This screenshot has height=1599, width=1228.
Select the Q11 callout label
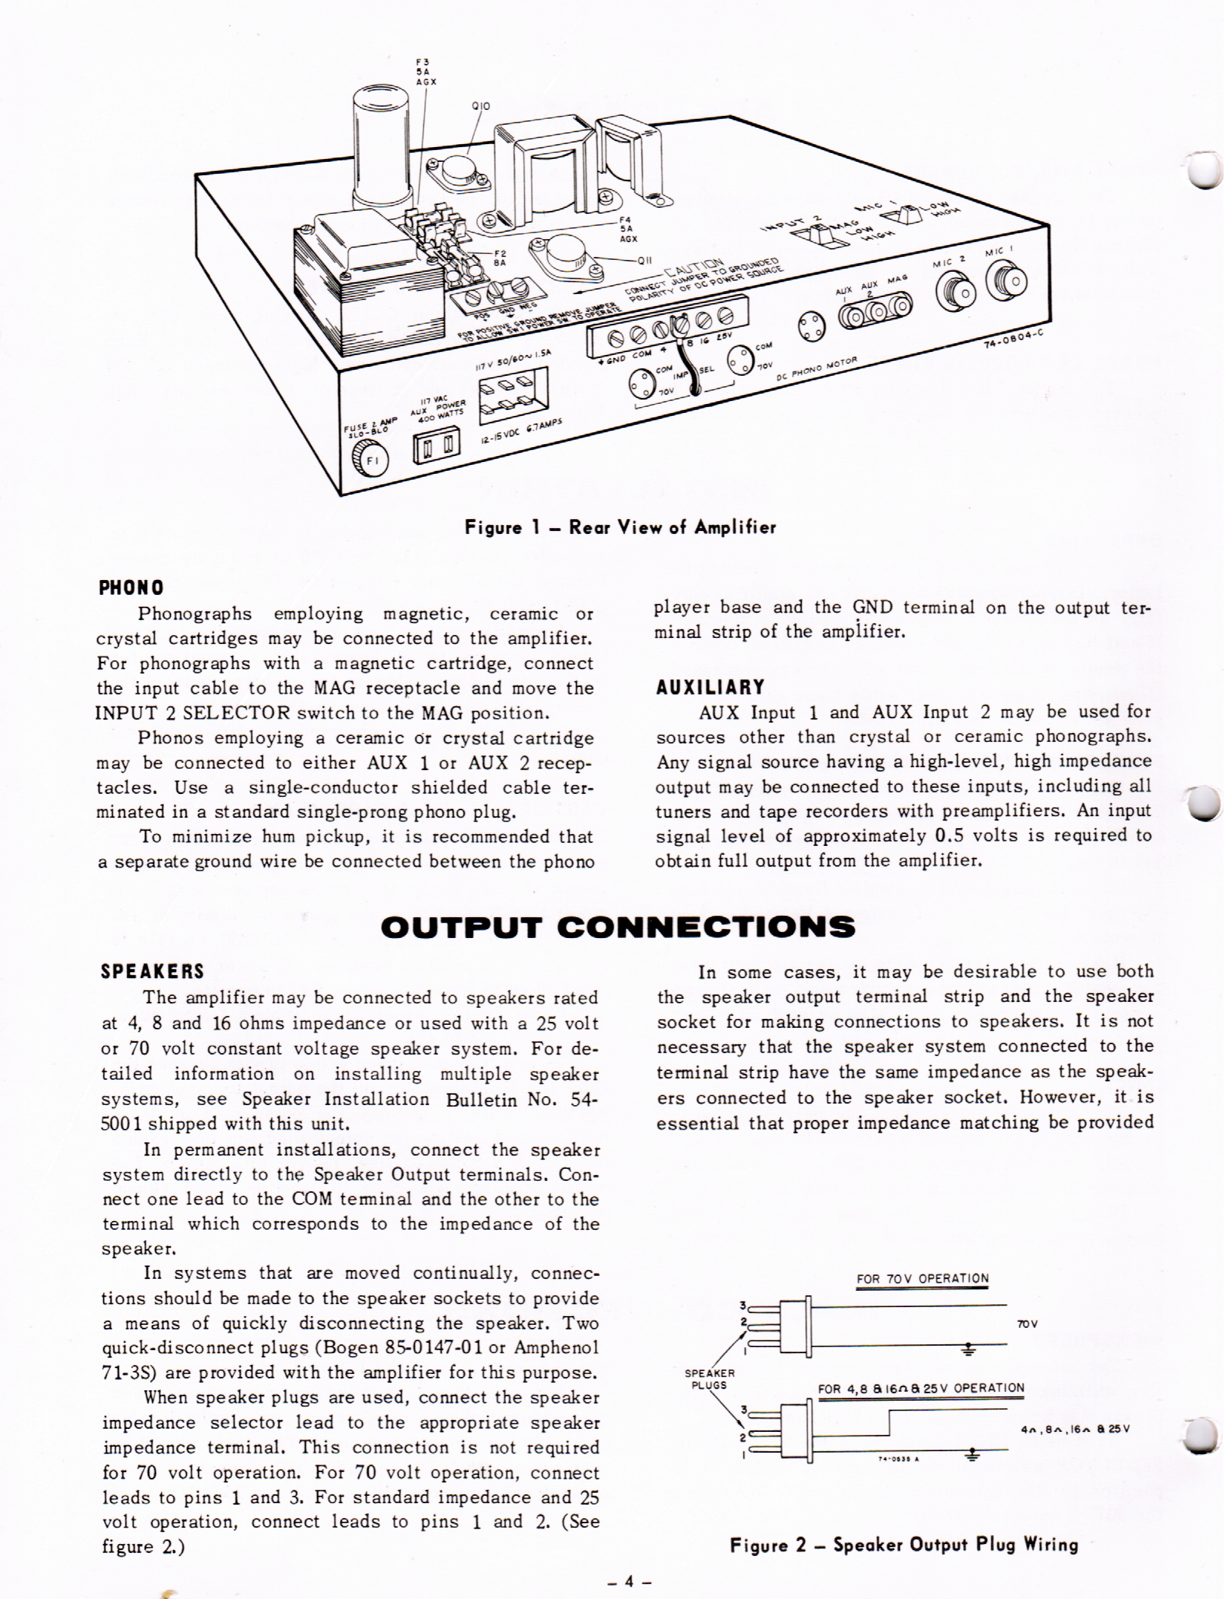645,261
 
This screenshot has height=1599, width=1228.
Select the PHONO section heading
131,588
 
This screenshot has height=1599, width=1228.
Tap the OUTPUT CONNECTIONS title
617,927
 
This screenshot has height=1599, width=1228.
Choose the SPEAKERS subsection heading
152,971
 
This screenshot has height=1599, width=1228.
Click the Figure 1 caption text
620,528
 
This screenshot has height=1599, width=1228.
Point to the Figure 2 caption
904,1545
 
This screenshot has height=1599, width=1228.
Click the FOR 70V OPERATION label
922,1279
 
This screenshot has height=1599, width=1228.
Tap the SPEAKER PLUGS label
709,1379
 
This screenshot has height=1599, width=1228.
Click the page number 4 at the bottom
628,1582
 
